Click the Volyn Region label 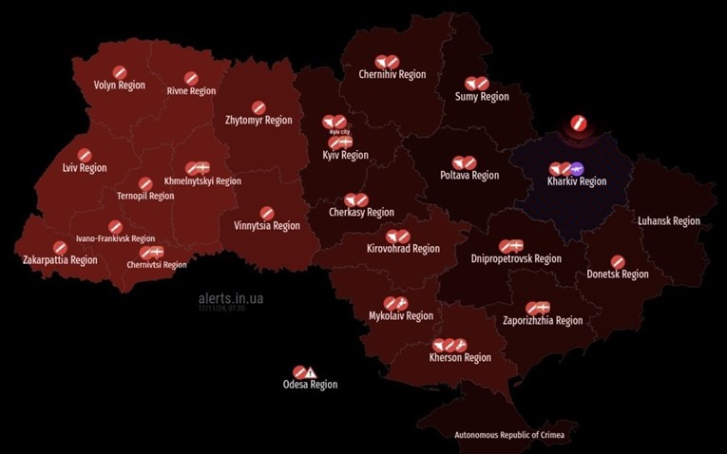[x=120, y=85]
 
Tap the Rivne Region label [x=191, y=91]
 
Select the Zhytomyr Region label [x=258, y=121]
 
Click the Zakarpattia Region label [x=60, y=260]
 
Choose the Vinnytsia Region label [x=267, y=226]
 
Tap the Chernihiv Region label [x=392, y=74]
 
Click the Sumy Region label [x=482, y=97]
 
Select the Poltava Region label [x=469, y=176]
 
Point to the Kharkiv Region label [x=577, y=181]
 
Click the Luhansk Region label [x=669, y=221]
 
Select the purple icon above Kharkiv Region [x=578, y=168]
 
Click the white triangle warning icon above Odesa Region [x=311, y=372]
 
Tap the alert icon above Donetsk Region [x=617, y=261]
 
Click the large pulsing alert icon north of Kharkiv [x=578, y=123]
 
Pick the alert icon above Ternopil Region [x=145, y=183]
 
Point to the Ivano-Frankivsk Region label [x=115, y=239]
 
